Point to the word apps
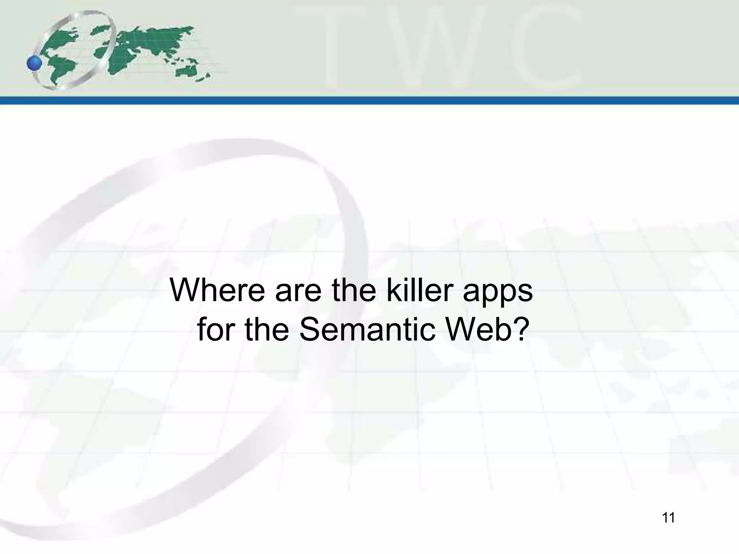[x=498, y=293]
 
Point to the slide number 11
[x=668, y=518]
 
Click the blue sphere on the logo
[x=35, y=64]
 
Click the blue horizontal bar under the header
[x=369, y=101]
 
